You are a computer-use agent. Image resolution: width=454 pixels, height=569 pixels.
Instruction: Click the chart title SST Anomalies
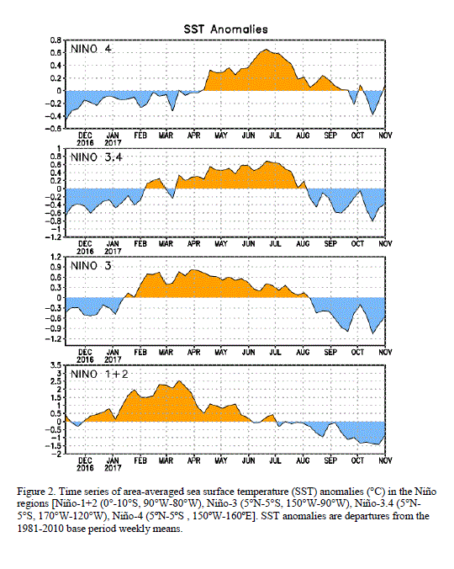(225, 29)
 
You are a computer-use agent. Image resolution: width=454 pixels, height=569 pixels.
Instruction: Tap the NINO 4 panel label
(91, 49)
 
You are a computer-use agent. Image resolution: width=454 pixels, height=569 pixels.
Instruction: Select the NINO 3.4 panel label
(96, 157)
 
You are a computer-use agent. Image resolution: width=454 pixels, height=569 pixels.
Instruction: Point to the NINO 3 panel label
(91, 266)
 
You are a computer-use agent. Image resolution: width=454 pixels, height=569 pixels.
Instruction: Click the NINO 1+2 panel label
(99, 374)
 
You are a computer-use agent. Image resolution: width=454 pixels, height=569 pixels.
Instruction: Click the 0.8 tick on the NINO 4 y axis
(55, 40)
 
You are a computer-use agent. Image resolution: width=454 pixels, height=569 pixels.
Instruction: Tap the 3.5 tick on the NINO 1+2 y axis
(55, 365)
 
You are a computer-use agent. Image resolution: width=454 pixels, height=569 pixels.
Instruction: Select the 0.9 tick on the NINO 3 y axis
(55, 268)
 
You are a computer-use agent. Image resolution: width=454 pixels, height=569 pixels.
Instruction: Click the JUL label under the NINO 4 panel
(276, 136)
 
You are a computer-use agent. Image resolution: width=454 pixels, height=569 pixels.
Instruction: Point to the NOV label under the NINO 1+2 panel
(385, 460)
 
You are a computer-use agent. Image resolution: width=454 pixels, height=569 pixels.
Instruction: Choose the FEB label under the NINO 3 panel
(140, 353)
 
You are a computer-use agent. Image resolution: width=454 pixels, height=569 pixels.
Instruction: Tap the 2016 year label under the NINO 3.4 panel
(85, 251)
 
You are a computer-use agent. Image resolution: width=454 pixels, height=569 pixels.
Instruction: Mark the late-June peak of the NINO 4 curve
(266, 50)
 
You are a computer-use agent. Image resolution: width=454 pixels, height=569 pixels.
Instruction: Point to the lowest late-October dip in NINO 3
(372, 333)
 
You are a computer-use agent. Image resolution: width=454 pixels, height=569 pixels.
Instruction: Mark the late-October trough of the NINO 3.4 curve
(372, 221)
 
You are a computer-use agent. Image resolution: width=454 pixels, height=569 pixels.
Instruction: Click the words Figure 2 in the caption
(36, 492)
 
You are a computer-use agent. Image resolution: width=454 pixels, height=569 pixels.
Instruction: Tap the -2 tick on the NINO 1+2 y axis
(57, 454)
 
